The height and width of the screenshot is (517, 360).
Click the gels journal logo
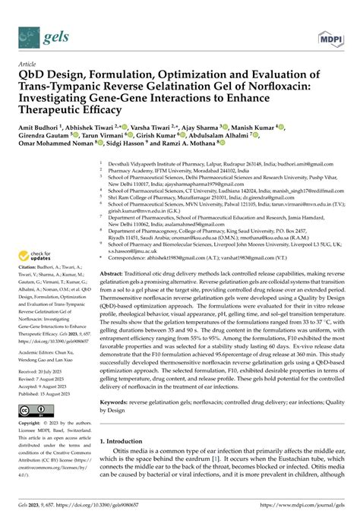tap(38, 36)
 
